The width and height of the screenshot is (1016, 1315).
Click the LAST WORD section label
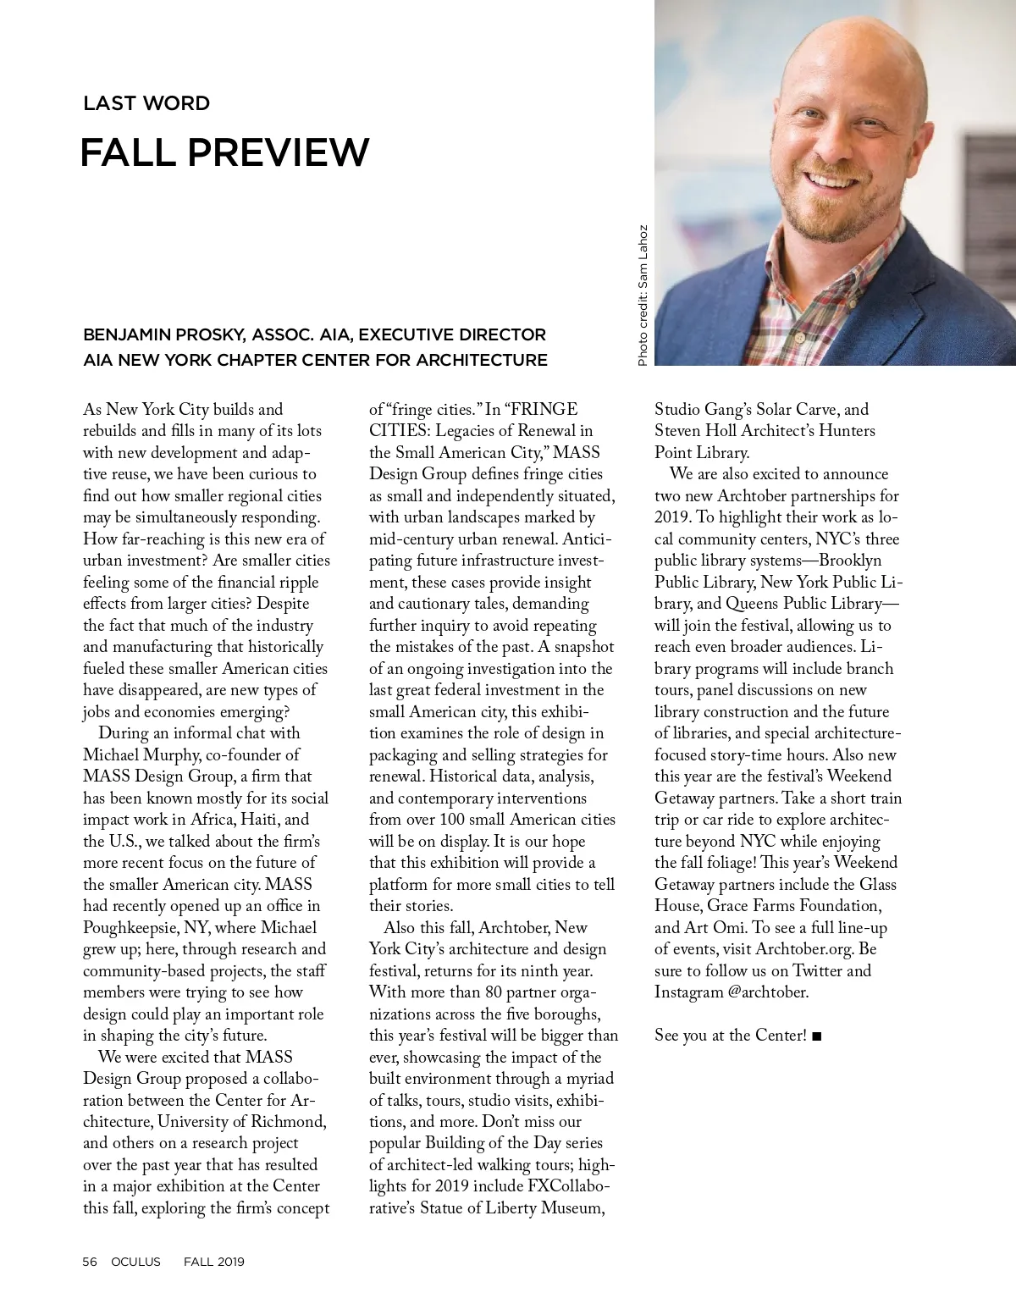click(146, 103)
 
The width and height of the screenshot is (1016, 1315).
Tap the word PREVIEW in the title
click(279, 152)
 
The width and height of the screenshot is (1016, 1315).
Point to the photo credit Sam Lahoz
click(643, 249)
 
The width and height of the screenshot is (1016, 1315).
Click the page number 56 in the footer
click(90, 1262)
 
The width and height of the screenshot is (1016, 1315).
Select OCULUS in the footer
click(135, 1262)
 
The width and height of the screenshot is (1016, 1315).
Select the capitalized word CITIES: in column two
click(399, 431)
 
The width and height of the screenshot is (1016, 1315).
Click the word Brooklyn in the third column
click(850, 561)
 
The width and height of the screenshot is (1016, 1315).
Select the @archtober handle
click(768, 992)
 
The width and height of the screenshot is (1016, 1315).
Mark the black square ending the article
click(816, 1036)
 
